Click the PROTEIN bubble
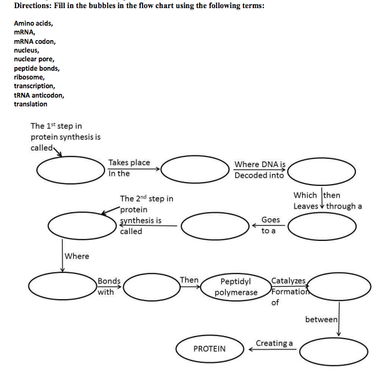[210, 349]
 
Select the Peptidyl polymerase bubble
[236, 287]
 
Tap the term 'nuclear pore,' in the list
[34, 59]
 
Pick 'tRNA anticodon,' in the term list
[39, 95]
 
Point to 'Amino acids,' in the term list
[33, 23]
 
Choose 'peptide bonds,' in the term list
[37, 68]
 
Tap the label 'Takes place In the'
[128, 168]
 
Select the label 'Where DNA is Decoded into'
[260, 170]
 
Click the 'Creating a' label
[274, 343]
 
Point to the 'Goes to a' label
[270, 225]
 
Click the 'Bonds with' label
[109, 287]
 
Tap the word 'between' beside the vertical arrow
[321, 320]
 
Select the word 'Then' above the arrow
[189, 280]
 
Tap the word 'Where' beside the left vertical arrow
[77, 256]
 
